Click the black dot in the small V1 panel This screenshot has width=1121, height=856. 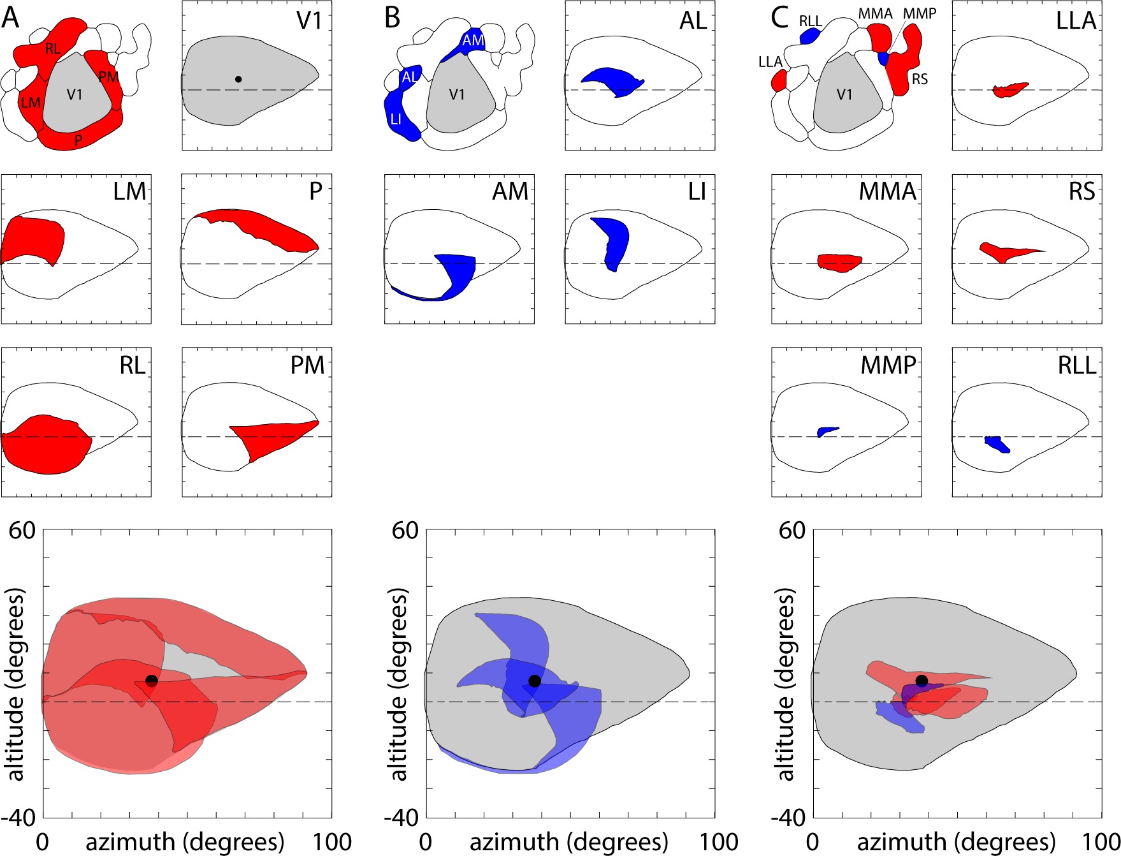click(x=238, y=79)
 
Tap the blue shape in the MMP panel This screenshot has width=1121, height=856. click(x=827, y=431)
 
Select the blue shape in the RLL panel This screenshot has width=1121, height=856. click(x=997, y=444)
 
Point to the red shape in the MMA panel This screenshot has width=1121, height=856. click(x=839, y=262)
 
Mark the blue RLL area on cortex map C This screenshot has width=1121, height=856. click(x=809, y=36)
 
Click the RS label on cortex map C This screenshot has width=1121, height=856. click(x=920, y=80)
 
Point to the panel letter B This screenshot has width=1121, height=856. click(x=393, y=18)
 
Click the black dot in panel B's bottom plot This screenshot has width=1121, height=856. click(x=535, y=681)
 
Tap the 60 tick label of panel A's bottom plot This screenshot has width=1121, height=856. click(x=22, y=530)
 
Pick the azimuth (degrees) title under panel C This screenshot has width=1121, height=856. click(x=956, y=842)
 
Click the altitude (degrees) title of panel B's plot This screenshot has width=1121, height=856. click(x=399, y=684)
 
